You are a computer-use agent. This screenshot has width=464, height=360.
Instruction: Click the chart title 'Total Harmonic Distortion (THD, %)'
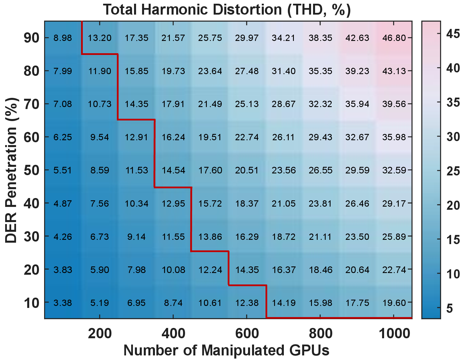click(227, 10)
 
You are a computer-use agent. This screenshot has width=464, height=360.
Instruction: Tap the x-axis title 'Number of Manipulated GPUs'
click(226, 350)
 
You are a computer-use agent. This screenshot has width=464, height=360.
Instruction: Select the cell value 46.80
click(394, 38)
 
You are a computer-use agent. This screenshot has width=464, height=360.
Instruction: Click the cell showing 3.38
click(62, 303)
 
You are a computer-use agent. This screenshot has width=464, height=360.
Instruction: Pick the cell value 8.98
click(62, 38)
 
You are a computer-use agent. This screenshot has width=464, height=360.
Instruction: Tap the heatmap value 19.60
click(394, 303)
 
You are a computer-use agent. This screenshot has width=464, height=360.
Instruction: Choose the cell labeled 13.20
click(99, 38)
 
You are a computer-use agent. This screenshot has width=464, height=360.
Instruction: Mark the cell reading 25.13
click(247, 104)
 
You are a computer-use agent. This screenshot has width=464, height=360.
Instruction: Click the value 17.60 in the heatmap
click(210, 170)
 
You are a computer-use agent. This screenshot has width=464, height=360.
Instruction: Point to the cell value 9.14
click(136, 237)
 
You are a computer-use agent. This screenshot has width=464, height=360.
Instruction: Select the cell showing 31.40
click(284, 71)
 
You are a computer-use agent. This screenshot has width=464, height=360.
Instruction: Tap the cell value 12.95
click(173, 203)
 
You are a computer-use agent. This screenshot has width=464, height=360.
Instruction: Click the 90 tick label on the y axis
click(32, 38)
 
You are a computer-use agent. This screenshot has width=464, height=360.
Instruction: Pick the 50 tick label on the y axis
click(32, 170)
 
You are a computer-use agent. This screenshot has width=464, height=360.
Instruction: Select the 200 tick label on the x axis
click(100, 334)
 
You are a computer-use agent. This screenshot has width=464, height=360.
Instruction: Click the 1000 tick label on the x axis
click(394, 334)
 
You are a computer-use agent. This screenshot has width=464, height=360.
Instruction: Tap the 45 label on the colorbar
click(453, 34)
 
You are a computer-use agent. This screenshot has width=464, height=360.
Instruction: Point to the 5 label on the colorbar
click(449, 308)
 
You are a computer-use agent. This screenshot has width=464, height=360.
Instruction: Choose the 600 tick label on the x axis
click(247, 334)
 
